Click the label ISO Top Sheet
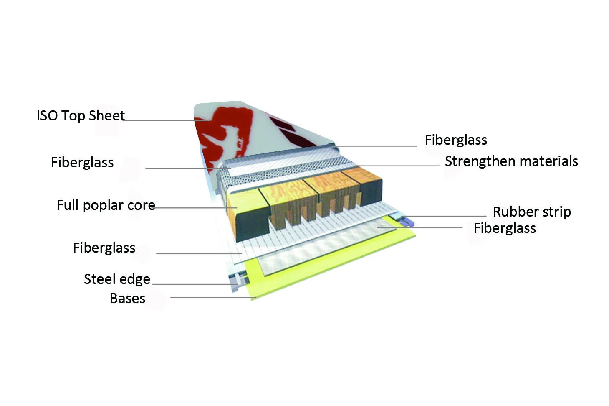(81, 115)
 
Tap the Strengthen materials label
(511, 161)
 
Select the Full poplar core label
(106, 205)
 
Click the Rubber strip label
(532, 212)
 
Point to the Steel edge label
(117, 279)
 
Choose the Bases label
(127, 298)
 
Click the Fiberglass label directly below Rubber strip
(505, 228)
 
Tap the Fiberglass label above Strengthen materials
(456, 140)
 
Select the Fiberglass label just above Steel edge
(104, 248)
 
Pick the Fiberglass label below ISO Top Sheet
(82, 163)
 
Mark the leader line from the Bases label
(213, 297)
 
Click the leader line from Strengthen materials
(397, 166)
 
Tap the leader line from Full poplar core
(195, 208)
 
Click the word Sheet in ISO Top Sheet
(106, 115)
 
